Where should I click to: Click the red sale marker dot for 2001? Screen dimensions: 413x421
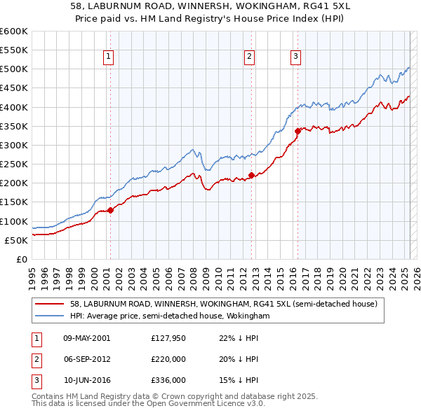point(110,210)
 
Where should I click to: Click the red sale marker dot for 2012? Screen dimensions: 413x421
point(251,175)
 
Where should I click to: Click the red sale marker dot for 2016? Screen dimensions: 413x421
point(298,130)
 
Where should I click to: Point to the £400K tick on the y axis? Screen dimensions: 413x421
point(14,107)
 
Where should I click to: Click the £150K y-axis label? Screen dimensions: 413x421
point(14,202)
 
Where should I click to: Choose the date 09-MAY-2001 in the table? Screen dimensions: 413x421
point(86,338)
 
